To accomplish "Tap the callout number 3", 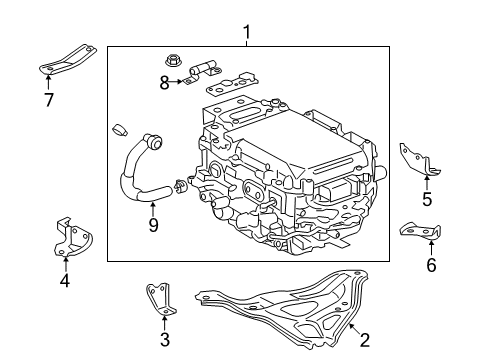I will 165,339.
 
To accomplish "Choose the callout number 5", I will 427,199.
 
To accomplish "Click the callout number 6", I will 431,265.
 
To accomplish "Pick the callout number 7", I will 48,101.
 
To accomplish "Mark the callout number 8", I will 165,83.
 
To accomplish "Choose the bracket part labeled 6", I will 423,231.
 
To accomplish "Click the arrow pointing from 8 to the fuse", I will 180,82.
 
